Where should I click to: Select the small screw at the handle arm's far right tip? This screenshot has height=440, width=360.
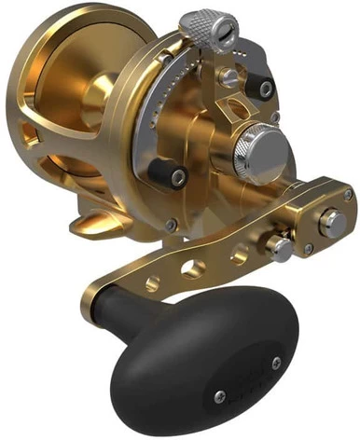pyautogui.click(x=347, y=196)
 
